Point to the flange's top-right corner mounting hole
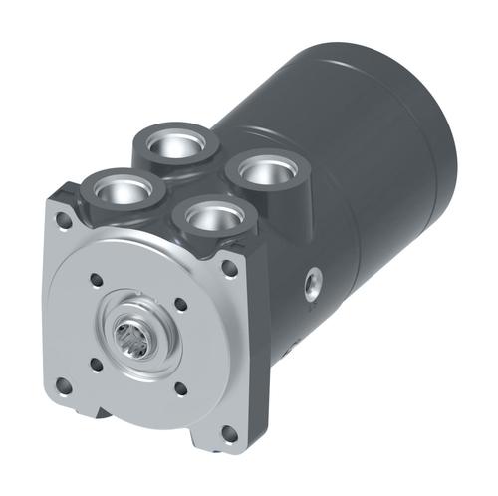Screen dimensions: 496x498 tap(230, 267)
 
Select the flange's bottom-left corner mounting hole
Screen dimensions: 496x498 tap(64, 383)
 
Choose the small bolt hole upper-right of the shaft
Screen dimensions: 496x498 tap(180, 305)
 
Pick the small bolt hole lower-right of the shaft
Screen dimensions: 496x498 tap(180, 390)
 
